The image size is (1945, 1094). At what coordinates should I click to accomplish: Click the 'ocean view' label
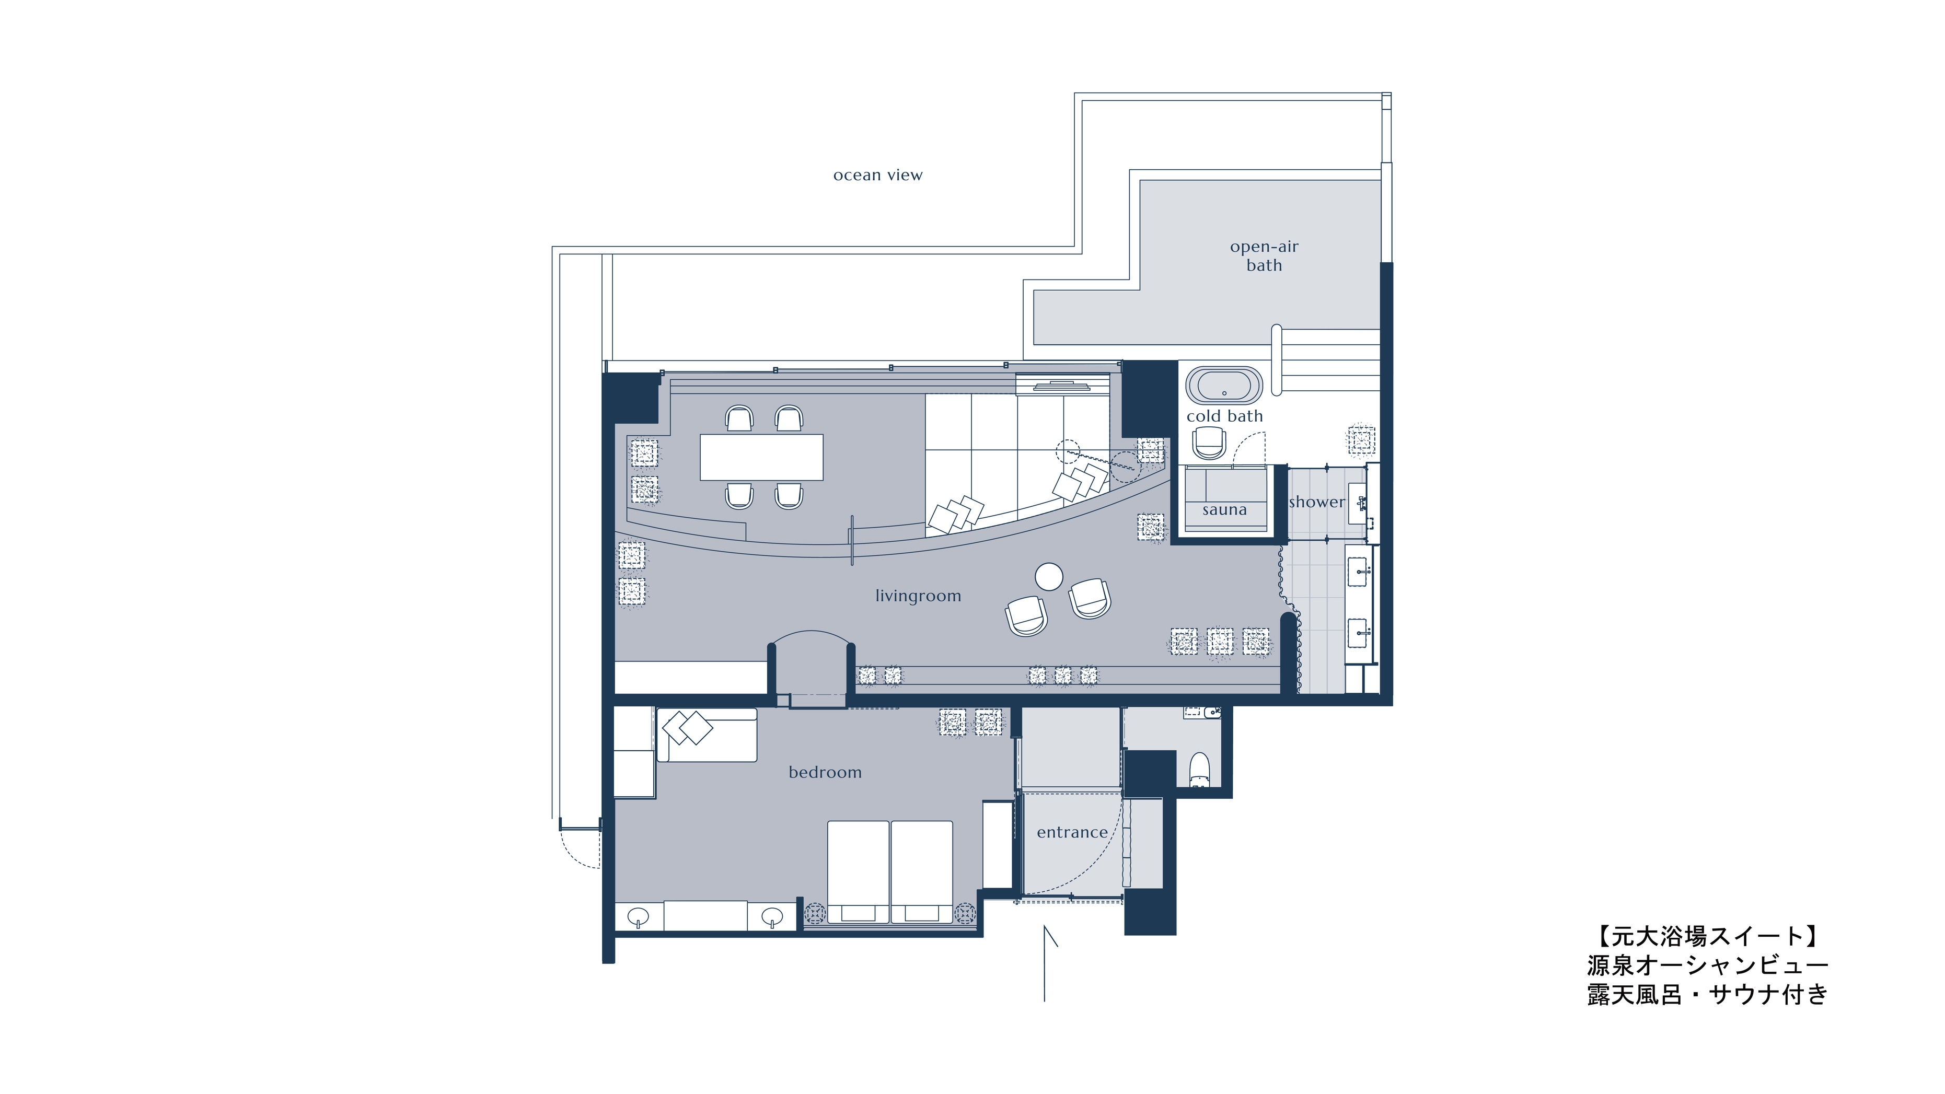(x=877, y=175)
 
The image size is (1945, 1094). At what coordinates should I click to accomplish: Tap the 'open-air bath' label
(x=1264, y=256)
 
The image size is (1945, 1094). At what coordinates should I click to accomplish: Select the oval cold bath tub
(x=1224, y=386)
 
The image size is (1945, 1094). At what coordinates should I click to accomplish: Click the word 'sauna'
(x=1224, y=510)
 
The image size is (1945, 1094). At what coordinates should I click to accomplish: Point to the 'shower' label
(x=1317, y=502)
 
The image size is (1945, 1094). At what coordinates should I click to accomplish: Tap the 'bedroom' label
(x=825, y=772)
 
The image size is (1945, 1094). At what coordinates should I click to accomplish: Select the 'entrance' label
(x=1072, y=832)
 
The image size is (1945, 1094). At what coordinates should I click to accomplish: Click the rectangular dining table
(x=761, y=457)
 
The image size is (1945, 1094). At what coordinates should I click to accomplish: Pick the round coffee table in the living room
(x=1049, y=577)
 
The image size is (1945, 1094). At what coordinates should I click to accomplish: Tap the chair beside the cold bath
(x=1209, y=443)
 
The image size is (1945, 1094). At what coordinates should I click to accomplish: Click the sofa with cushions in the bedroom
(x=707, y=735)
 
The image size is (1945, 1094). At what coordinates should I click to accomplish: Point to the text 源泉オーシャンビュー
(x=1707, y=965)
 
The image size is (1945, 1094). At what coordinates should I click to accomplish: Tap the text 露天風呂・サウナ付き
(x=1707, y=994)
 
